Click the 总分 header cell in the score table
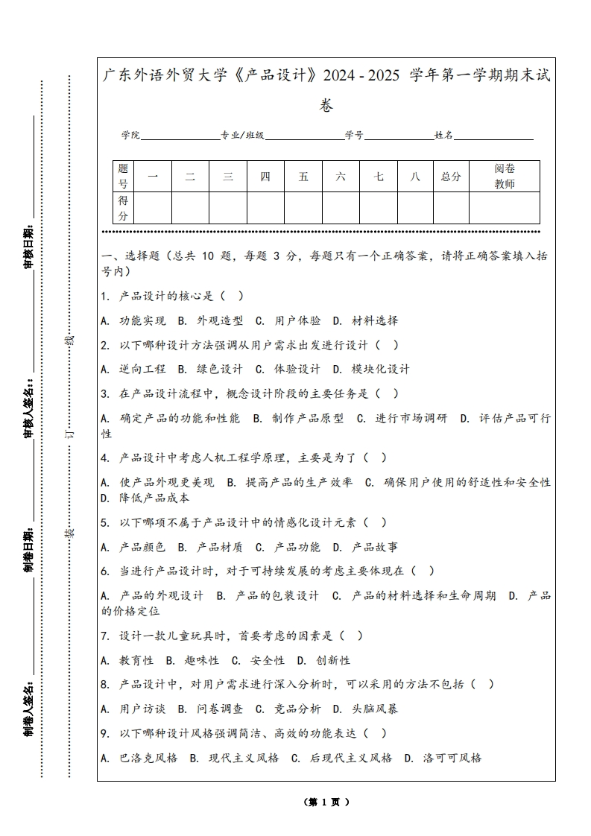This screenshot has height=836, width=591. (451, 177)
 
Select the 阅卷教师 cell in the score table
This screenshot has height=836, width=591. (505, 177)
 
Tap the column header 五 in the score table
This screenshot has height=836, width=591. (303, 177)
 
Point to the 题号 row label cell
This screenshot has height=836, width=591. (124, 177)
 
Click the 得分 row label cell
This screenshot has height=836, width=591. (124, 208)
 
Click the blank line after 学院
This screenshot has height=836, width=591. (180, 137)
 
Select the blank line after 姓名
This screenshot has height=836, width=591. (493, 137)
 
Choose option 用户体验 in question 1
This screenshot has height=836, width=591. (297, 320)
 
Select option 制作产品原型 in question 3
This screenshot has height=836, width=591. (308, 418)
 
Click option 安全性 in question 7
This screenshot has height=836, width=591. (268, 660)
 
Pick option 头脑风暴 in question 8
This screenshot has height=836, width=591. (375, 709)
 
